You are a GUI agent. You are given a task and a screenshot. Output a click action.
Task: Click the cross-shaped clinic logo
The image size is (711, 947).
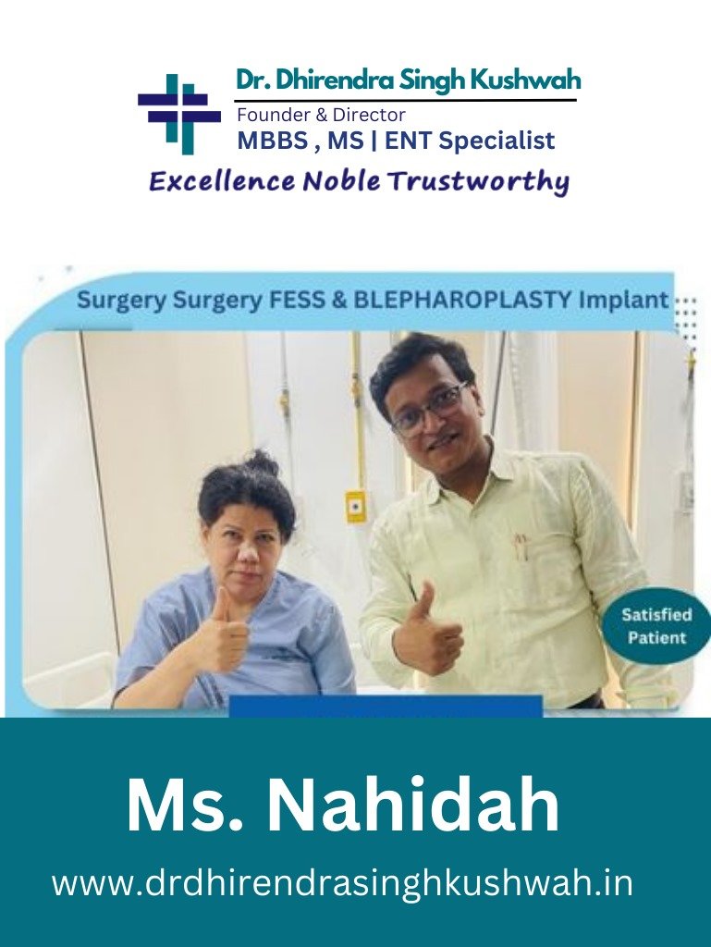[x=179, y=114]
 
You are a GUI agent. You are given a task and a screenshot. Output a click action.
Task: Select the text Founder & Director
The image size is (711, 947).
[x=321, y=114]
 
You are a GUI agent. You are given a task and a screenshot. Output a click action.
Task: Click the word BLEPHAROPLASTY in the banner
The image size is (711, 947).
[x=462, y=301]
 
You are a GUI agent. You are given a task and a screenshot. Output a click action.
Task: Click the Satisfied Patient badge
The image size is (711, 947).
[x=656, y=626]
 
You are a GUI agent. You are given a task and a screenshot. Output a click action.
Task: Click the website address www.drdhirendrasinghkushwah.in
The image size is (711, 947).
[x=343, y=882]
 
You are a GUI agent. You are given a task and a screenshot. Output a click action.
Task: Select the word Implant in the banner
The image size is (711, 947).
[x=624, y=301]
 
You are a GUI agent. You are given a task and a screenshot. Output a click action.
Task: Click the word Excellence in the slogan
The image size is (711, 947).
[x=222, y=181]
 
